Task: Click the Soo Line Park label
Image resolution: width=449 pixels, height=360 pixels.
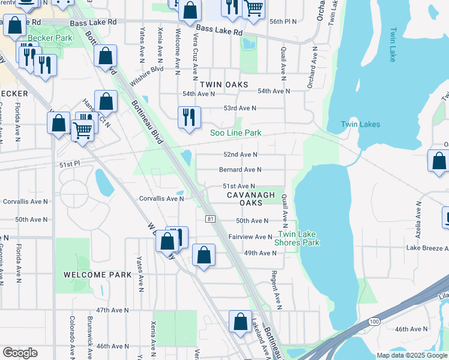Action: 235,133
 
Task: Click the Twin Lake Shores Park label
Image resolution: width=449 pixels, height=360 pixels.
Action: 297,238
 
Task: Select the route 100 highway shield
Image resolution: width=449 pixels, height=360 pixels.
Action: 375,322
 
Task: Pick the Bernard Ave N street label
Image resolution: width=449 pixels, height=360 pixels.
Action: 241,170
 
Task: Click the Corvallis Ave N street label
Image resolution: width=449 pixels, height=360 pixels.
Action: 161,198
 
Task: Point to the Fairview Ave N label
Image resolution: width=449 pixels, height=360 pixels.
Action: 250,237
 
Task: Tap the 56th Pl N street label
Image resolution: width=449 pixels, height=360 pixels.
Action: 283,21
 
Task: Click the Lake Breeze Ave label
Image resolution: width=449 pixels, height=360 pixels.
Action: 427,248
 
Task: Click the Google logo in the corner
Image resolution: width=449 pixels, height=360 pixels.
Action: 20,353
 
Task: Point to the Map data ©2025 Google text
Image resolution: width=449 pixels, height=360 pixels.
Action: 411,355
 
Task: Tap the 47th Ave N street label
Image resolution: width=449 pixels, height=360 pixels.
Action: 112,310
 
